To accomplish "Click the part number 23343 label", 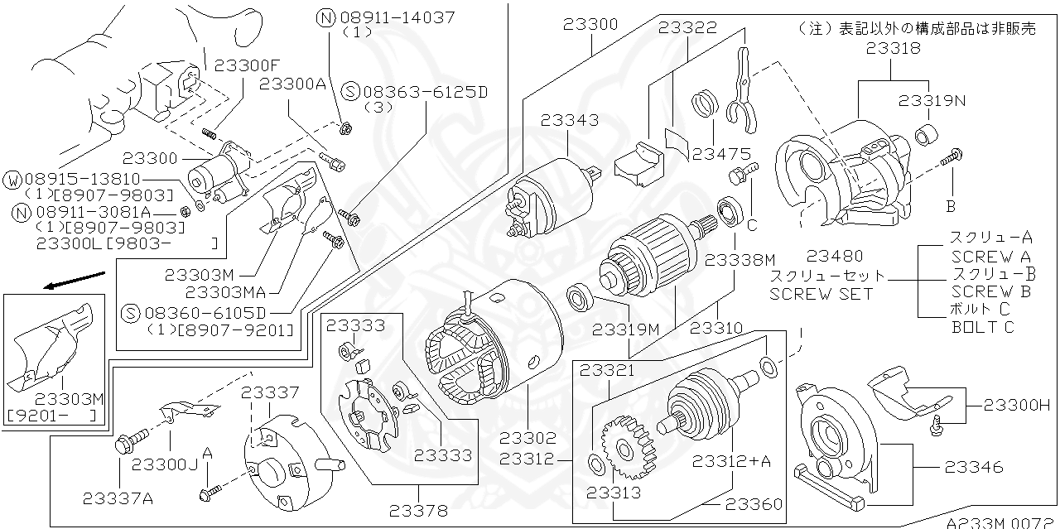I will (x=570, y=121).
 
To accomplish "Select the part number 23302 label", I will (x=528, y=438).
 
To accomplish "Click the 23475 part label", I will (x=721, y=153).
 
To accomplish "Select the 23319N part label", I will (x=933, y=101).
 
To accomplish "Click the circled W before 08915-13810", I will (x=13, y=180).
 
